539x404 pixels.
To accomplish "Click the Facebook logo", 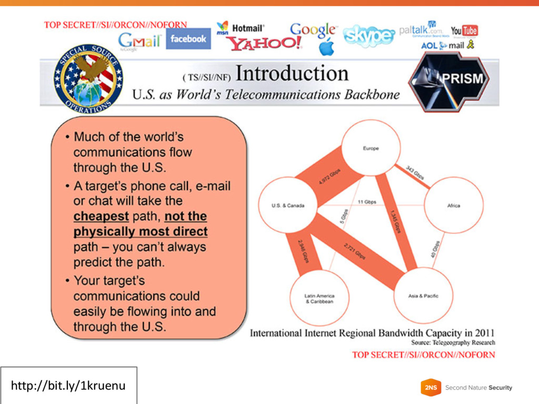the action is [188, 38].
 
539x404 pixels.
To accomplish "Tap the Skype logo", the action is [368, 36].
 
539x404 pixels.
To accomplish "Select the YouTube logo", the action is [464, 31].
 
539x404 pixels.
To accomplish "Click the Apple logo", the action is [327, 47].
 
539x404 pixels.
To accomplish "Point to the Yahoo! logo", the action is [264, 43].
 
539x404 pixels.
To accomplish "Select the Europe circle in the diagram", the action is [371, 148].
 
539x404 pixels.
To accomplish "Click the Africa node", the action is [453, 205].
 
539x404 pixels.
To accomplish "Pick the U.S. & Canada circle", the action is [287, 205].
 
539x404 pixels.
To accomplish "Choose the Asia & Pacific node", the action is [423, 296].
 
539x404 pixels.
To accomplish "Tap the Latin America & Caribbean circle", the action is [319, 298].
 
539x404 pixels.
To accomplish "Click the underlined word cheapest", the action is [101, 216].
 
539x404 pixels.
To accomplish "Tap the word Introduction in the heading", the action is [292, 74].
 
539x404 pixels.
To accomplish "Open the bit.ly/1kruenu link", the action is [68, 386].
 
